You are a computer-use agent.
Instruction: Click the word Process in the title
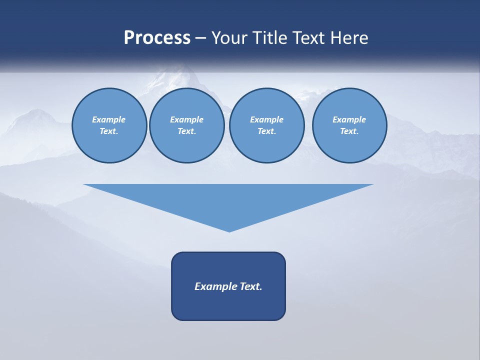(x=157, y=38)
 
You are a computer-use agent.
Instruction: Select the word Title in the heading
(x=272, y=38)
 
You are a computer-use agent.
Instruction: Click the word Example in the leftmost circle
(x=109, y=119)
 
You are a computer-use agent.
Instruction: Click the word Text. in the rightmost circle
(x=349, y=131)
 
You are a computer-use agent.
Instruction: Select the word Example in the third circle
(x=266, y=119)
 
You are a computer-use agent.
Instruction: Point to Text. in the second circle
(x=186, y=131)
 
